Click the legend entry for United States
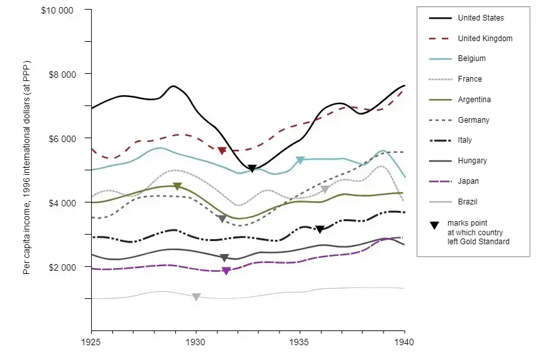pos(480,18)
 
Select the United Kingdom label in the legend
pos(485,39)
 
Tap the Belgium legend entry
pos(471,59)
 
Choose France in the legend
pos(469,79)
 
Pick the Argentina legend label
pos(474,100)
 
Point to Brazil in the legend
pos(468,202)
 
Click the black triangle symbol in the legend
pos(434,225)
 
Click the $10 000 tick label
pos(57,10)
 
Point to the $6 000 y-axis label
pos(62,139)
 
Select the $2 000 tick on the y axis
pos(62,267)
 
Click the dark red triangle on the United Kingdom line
pos(222,150)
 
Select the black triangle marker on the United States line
pos(252,168)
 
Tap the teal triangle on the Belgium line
pos(300,160)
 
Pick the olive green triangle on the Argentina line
pos(177,186)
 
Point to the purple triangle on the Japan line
pos(226,271)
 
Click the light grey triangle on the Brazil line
pos(196,297)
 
